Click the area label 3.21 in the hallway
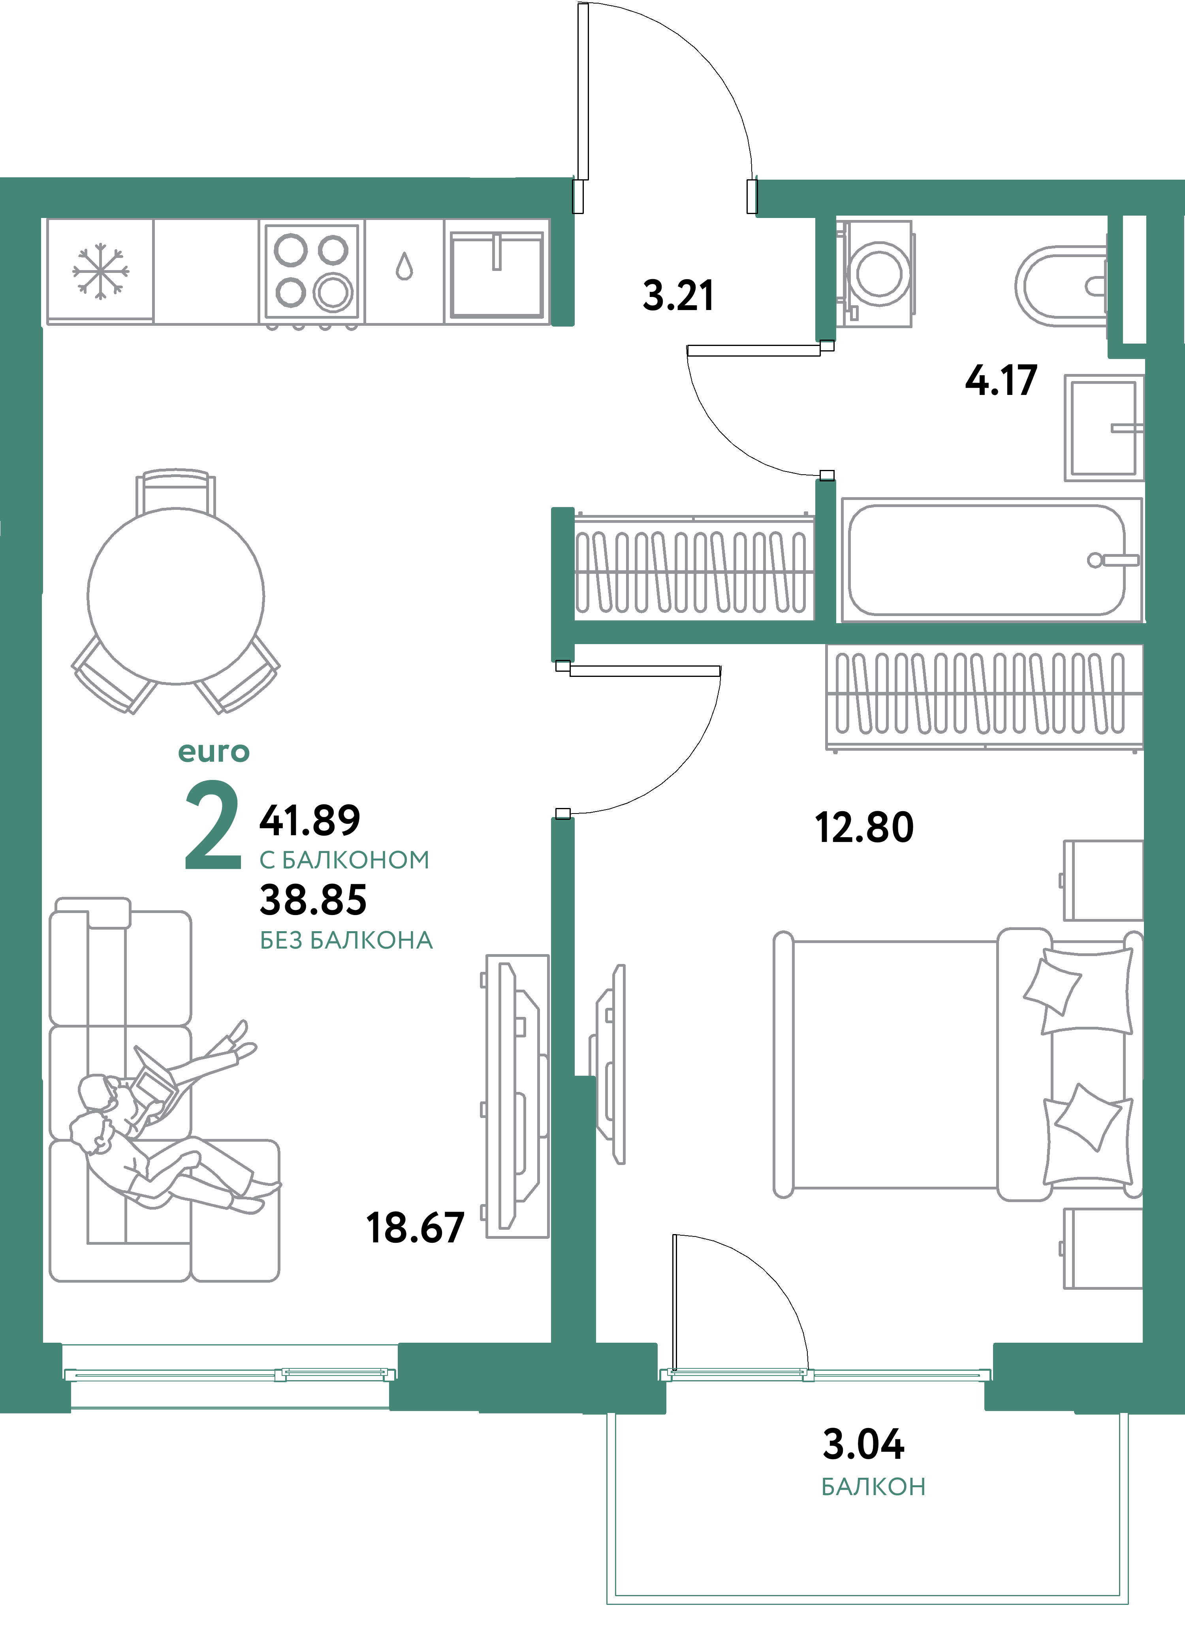(678, 295)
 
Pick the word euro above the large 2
(213, 752)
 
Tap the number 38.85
(313, 900)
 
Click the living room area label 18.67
(415, 1228)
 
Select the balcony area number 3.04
(863, 1445)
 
